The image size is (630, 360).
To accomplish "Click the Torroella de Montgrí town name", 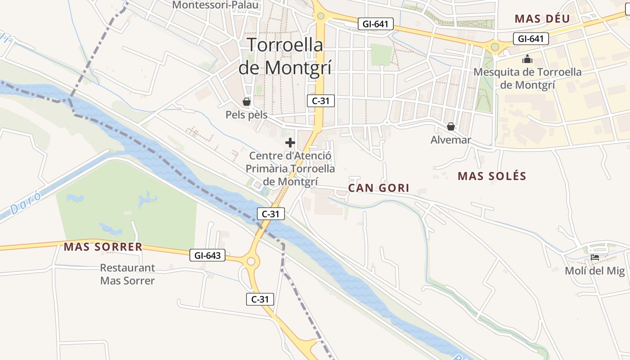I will tap(285, 56).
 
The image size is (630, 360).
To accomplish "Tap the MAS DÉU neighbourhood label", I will tap(542, 18).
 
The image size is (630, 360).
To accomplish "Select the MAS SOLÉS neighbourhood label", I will tap(492, 176).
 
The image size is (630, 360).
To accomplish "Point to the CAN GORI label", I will tap(379, 188).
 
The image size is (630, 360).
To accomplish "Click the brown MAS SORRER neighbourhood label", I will tap(103, 247).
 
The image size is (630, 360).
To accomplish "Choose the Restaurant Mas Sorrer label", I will tap(127, 274).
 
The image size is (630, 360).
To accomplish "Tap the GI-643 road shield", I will tap(207, 256).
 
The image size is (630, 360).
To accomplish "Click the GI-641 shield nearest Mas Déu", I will tap(531, 39).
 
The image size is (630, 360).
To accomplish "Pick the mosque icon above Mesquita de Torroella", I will tap(527, 59).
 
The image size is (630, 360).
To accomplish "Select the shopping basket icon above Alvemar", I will tap(450, 126).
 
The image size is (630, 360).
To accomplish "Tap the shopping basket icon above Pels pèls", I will tap(246, 101).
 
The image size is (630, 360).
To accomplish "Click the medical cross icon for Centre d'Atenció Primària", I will tap(290, 143).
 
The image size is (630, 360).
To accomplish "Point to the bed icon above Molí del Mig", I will tap(595, 258).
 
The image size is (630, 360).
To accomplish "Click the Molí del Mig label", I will tap(595, 271).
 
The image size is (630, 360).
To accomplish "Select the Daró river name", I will tap(26, 203).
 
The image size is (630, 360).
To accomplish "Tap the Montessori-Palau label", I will tap(216, 5).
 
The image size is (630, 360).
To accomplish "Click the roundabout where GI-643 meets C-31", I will tap(251, 261).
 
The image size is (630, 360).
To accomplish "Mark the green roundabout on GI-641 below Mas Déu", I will tap(495, 46).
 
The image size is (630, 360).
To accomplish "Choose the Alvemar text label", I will tap(450, 140).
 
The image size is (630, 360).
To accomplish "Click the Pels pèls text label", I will tap(246, 115).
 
